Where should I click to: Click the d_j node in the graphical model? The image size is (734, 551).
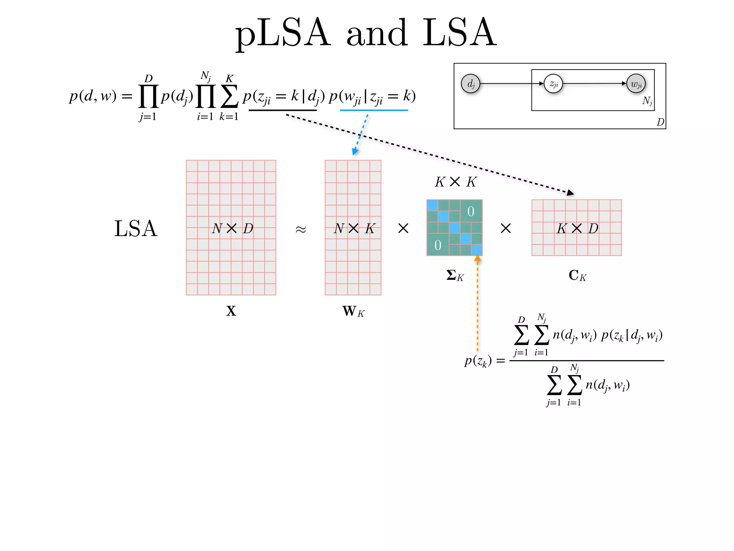(471, 84)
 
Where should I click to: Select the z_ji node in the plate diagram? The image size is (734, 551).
(553, 84)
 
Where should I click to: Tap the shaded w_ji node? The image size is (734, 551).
(636, 84)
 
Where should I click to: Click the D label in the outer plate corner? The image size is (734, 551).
(660, 122)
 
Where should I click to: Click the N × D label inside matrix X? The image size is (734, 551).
(232, 228)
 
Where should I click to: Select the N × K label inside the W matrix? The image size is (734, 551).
(354, 228)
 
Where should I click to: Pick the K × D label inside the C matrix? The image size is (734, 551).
(577, 228)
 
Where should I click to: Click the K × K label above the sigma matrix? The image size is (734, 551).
(455, 182)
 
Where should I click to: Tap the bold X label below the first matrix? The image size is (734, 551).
(231, 311)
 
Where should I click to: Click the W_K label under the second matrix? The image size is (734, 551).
(353, 311)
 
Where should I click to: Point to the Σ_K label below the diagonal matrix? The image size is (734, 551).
(455, 275)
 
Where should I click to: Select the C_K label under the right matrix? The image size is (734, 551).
(577, 275)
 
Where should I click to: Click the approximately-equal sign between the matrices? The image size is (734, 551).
(301, 229)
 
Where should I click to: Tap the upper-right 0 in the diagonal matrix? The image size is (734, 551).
(471, 212)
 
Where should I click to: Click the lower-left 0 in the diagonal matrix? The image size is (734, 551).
(438, 245)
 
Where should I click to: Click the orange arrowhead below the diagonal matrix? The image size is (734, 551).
(477, 258)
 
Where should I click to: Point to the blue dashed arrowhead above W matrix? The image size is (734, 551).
(355, 151)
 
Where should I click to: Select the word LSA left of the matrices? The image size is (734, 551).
(135, 229)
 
